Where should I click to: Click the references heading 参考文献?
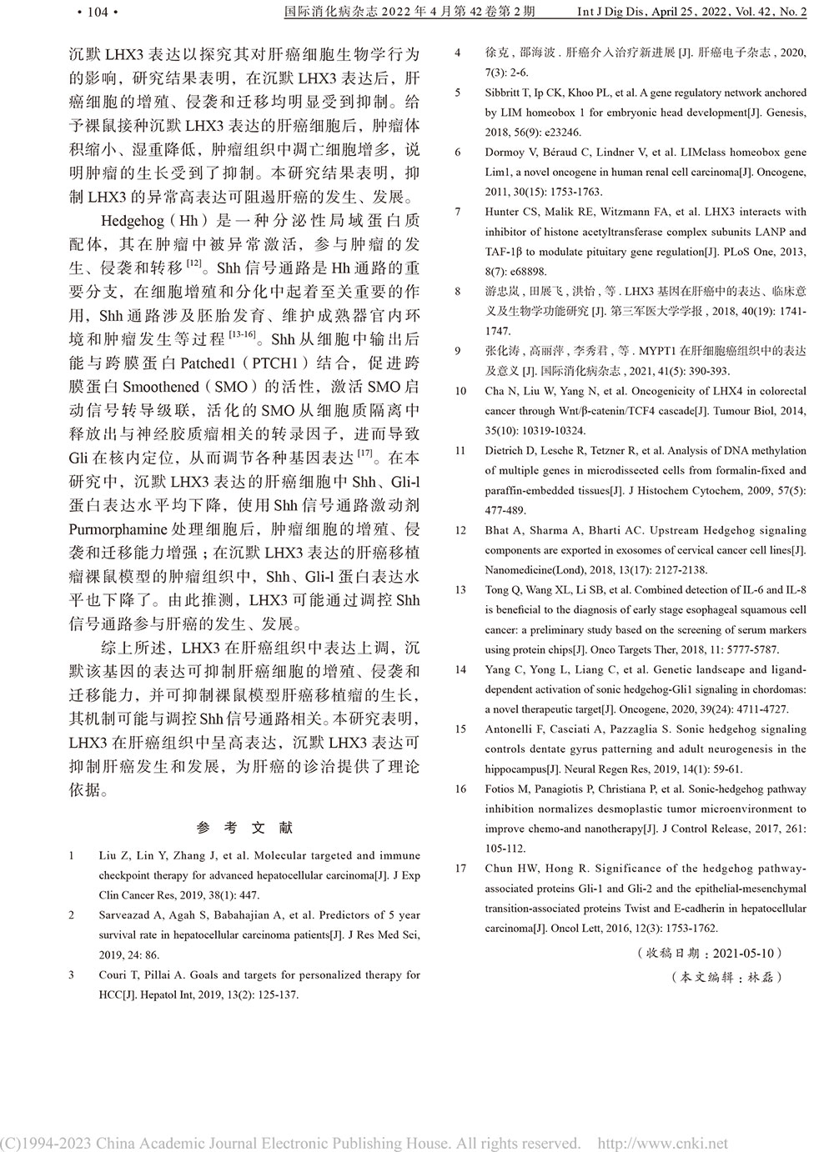(244, 828)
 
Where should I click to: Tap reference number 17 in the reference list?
(460, 869)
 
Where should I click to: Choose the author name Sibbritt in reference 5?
(505, 93)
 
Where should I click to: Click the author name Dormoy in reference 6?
(506, 153)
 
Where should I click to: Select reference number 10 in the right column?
(460, 391)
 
